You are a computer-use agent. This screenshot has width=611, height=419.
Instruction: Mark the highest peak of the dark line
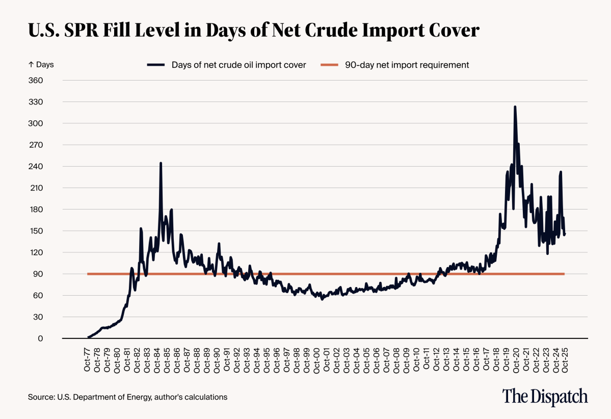click(515, 107)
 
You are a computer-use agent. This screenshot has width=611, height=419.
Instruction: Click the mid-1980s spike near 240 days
click(161, 164)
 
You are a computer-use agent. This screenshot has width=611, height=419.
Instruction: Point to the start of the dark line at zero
click(88, 337)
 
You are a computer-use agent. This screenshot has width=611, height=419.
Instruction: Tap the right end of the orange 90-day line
click(564, 274)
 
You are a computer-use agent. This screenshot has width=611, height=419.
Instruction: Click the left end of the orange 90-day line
click(88, 274)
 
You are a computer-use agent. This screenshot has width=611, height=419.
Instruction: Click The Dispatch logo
click(545, 396)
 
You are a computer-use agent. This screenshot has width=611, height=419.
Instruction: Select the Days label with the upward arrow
click(41, 65)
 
